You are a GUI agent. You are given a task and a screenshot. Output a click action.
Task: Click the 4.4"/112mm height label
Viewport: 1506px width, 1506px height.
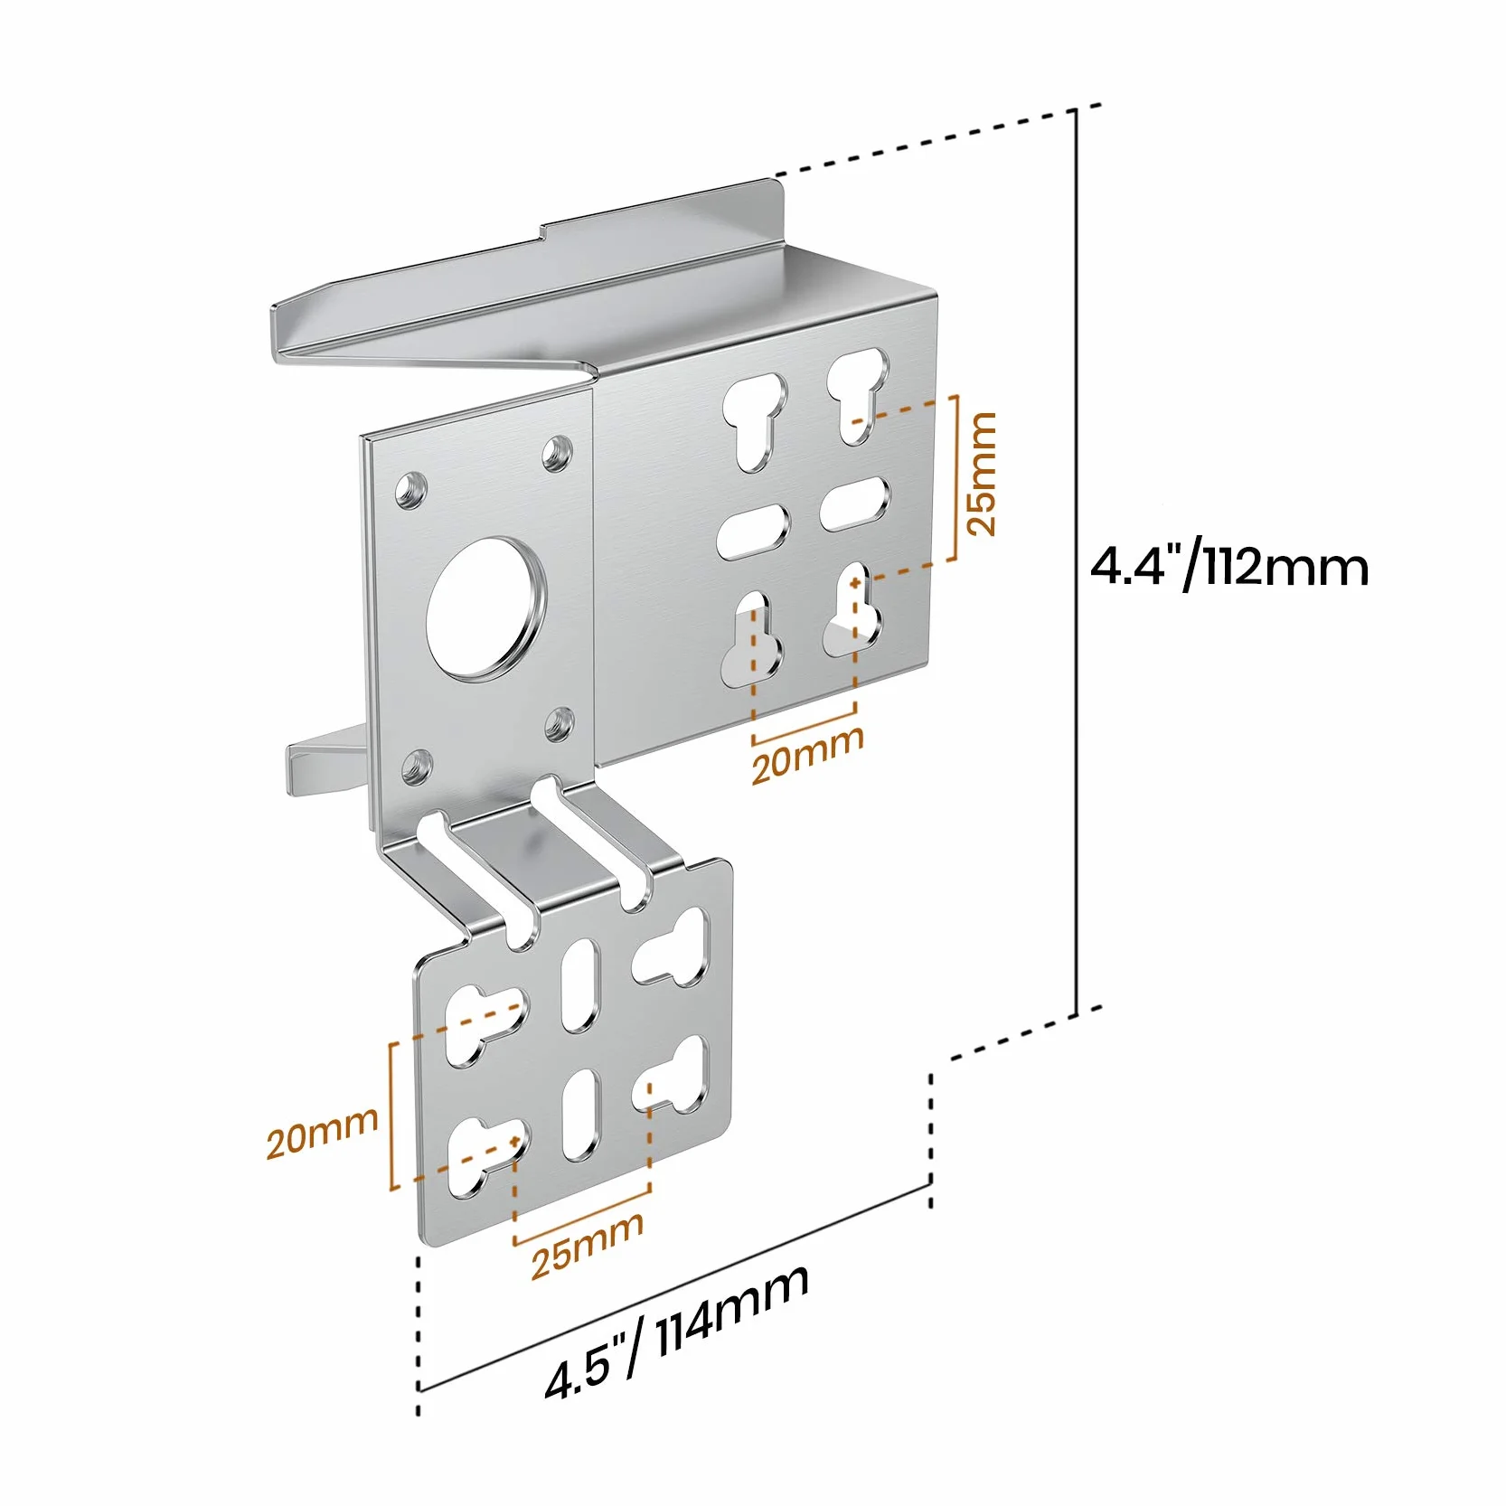coord(1228,567)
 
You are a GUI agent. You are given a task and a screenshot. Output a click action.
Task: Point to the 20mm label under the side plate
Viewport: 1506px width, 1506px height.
coord(807,754)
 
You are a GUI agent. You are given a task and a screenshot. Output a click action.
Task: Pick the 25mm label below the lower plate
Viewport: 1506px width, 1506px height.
coord(587,1245)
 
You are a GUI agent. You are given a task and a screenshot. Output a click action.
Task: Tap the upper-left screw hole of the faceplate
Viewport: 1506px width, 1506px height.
coord(411,491)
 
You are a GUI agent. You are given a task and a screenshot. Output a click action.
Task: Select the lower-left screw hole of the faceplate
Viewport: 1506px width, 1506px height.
coord(417,767)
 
